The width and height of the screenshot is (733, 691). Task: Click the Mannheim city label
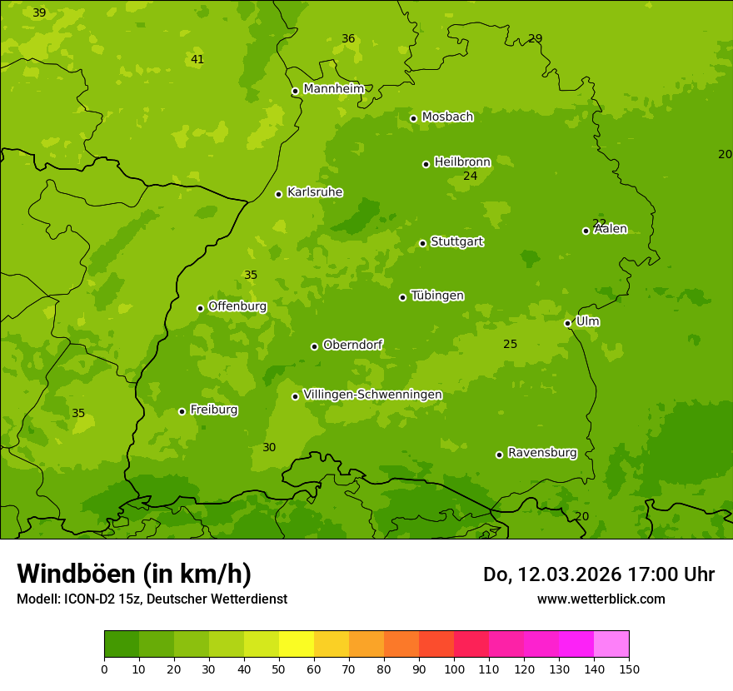tap(334, 89)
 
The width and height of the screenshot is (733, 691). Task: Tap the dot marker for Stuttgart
tap(422, 243)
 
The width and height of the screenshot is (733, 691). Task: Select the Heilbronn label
tap(462, 162)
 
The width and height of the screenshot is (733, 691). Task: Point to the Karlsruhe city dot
tap(278, 194)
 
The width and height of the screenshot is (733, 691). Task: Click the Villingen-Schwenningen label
tap(372, 395)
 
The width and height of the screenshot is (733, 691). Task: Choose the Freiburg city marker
tap(182, 411)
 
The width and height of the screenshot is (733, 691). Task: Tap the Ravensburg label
tap(542, 453)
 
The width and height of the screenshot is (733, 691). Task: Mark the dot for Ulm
tap(567, 323)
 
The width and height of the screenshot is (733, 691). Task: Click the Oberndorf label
tap(352, 345)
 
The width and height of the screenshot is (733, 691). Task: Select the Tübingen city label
tap(437, 296)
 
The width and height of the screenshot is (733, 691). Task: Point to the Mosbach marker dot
tap(413, 118)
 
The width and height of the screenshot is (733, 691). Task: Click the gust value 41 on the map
tap(197, 59)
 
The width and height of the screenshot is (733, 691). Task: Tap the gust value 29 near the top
tap(535, 38)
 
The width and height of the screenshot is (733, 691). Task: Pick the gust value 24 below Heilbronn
tap(470, 176)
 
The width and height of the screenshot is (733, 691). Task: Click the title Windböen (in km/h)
tap(134, 574)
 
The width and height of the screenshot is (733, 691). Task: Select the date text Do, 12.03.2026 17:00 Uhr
tap(599, 574)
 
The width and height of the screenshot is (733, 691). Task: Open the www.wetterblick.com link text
tap(601, 599)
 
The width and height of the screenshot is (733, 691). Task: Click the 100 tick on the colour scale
tap(454, 669)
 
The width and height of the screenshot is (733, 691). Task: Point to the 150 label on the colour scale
tap(629, 669)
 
